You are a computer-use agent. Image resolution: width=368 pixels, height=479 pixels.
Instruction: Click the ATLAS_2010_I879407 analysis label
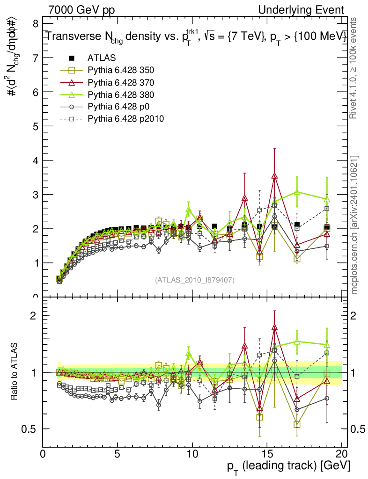(195, 280)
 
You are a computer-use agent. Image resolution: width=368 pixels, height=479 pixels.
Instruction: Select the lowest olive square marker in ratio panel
(297, 424)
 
